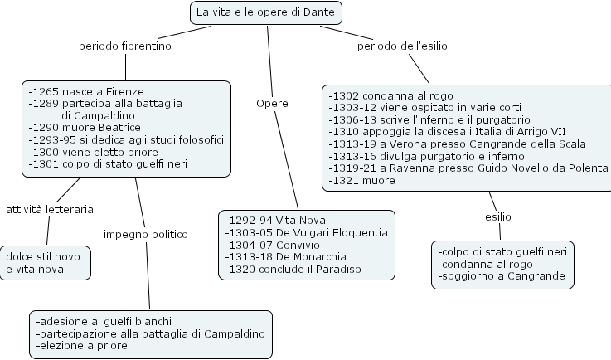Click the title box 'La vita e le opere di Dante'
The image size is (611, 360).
[266, 12]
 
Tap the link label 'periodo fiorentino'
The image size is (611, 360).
[124, 46]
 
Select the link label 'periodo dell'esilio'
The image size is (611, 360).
[402, 46]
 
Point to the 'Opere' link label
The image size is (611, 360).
[272, 103]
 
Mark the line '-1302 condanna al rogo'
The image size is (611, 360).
[390, 95]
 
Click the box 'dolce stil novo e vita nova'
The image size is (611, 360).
[44, 263]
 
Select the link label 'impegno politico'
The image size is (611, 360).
[146, 234]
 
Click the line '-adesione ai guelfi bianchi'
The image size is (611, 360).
[104, 321]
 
